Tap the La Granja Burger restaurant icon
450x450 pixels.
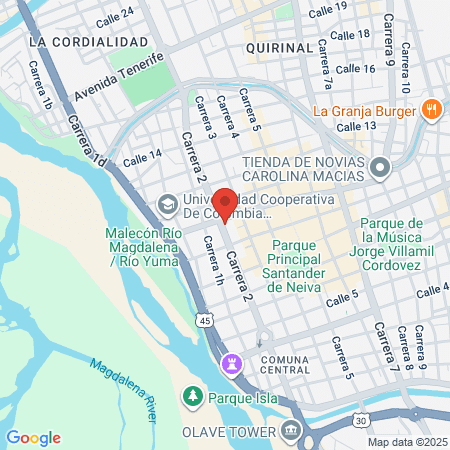(432, 110)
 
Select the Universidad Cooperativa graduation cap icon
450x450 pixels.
(167, 207)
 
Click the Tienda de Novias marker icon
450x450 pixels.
(380, 168)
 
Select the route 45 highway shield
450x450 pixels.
(204, 320)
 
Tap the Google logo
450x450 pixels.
(33, 437)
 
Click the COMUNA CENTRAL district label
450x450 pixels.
(285, 364)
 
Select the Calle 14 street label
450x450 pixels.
(142, 157)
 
